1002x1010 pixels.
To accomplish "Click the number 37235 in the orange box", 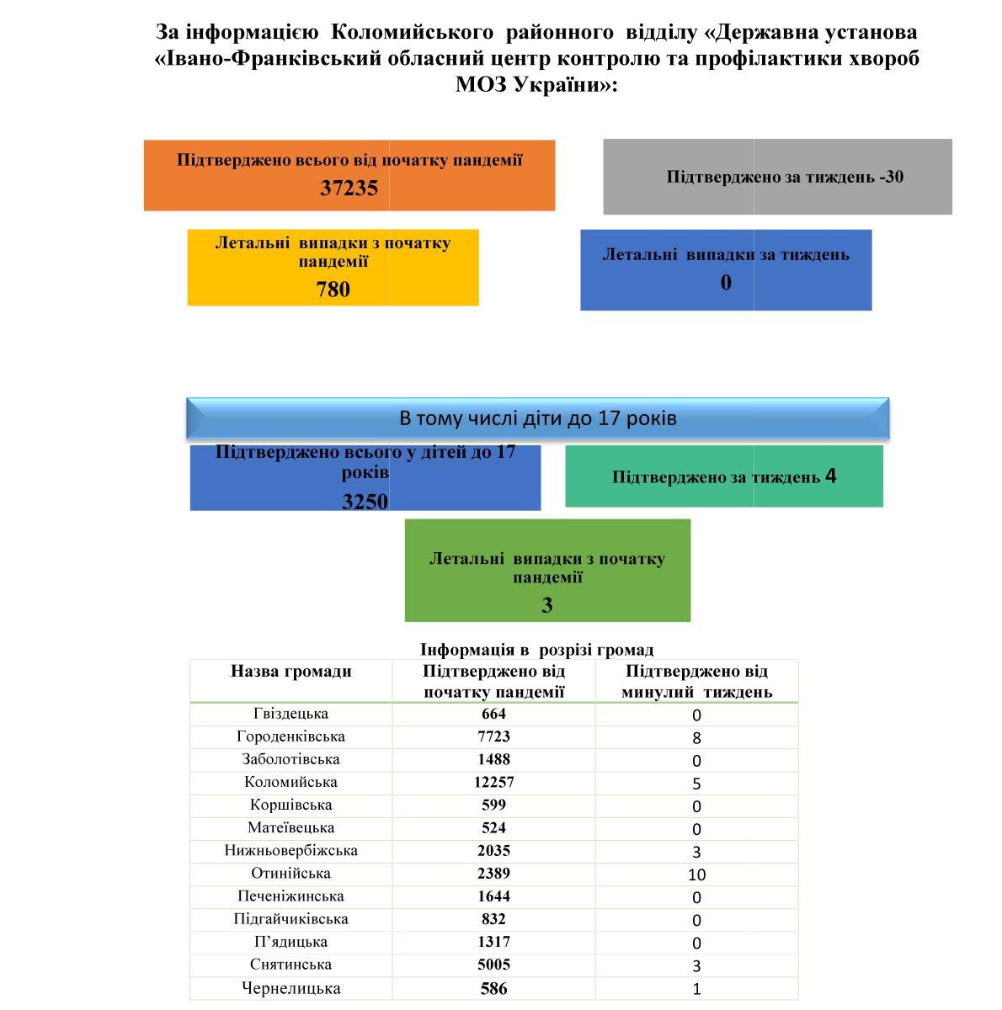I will click(349, 188).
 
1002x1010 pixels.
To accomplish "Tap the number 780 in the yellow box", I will click(333, 290).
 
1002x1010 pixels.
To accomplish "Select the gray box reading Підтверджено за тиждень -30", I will click(777, 177).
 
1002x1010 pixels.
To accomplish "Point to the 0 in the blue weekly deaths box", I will click(726, 283).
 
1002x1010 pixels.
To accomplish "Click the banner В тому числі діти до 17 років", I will click(537, 418).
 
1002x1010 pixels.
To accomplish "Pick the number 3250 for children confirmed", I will click(365, 502).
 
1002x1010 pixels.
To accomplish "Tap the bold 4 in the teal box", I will click(831, 476).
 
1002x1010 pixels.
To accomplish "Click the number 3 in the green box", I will click(547, 605).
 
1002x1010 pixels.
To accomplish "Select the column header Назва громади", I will click(290, 672).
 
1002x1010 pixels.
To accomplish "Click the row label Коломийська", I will click(290, 782).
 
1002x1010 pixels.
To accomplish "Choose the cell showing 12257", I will click(493, 782).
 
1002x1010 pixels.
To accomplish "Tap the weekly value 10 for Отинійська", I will click(696, 874).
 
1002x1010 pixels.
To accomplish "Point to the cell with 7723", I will click(493, 736).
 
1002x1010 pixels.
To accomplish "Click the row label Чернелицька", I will click(290, 988).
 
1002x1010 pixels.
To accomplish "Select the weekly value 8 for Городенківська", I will click(696, 738).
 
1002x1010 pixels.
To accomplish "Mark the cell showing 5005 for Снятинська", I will click(493, 965).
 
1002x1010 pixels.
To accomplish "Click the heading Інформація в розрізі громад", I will click(536, 650).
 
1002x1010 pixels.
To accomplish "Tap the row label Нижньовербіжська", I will click(290, 850).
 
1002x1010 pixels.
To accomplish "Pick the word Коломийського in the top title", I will click(412, 32).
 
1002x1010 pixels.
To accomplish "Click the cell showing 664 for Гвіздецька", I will click(493, 714).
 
